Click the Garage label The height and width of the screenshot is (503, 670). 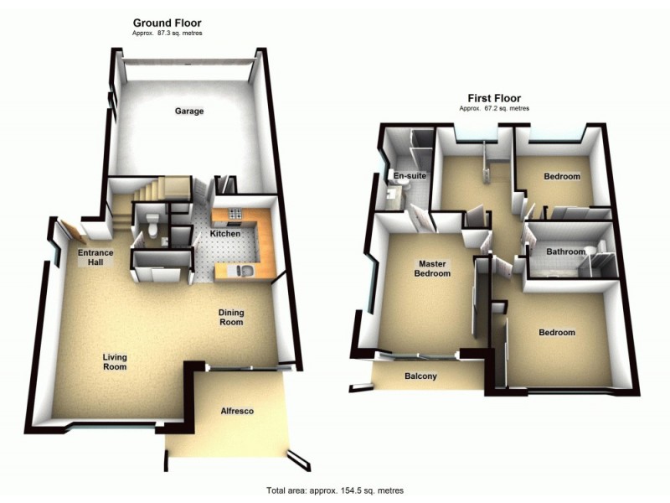click(188, 111)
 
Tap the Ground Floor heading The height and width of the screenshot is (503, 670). click(167, 23)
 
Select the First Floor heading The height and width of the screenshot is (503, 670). click(493, 98)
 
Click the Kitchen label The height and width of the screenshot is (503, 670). click(225, 233)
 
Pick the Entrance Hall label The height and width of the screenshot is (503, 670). click(95, 257)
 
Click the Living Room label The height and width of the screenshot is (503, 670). click(115, 362)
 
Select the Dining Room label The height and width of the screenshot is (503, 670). click(231, 317)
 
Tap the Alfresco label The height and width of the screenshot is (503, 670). click(237, 411)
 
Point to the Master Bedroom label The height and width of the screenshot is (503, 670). click(435, 268)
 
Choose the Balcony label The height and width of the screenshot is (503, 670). click(420, 376)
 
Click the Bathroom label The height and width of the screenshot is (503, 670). click(565, 251)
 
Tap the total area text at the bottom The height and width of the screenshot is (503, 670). click(335, 490)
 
